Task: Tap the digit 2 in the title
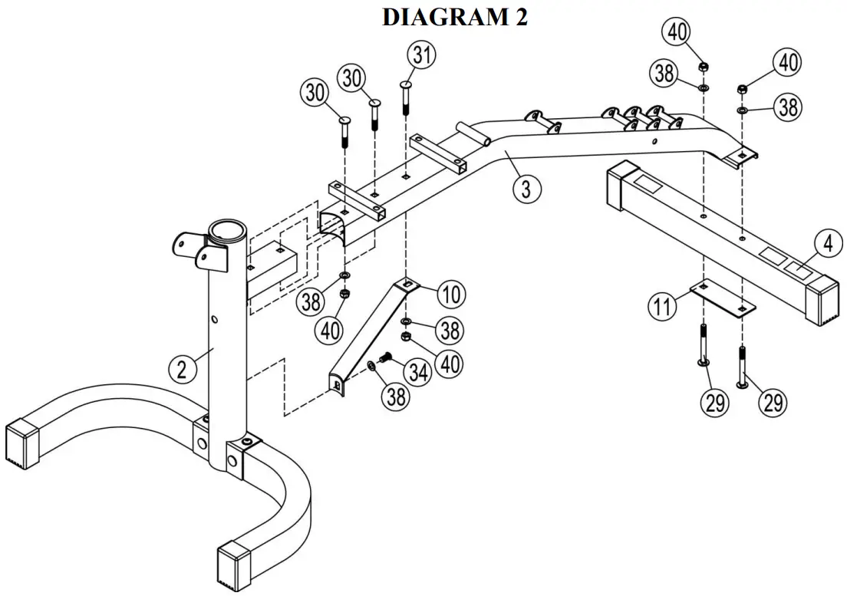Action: [x=521, y=17]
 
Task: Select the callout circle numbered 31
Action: [x=421, y=56]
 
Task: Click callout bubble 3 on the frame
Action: [x=526, y=188]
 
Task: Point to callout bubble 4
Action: [x=827, y=245]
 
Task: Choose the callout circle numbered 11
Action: [x=661, y=307]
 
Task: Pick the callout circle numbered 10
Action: [x=451, y=295]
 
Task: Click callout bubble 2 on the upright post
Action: [x=181, y=370]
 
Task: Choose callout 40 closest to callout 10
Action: [x=450, y=361]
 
